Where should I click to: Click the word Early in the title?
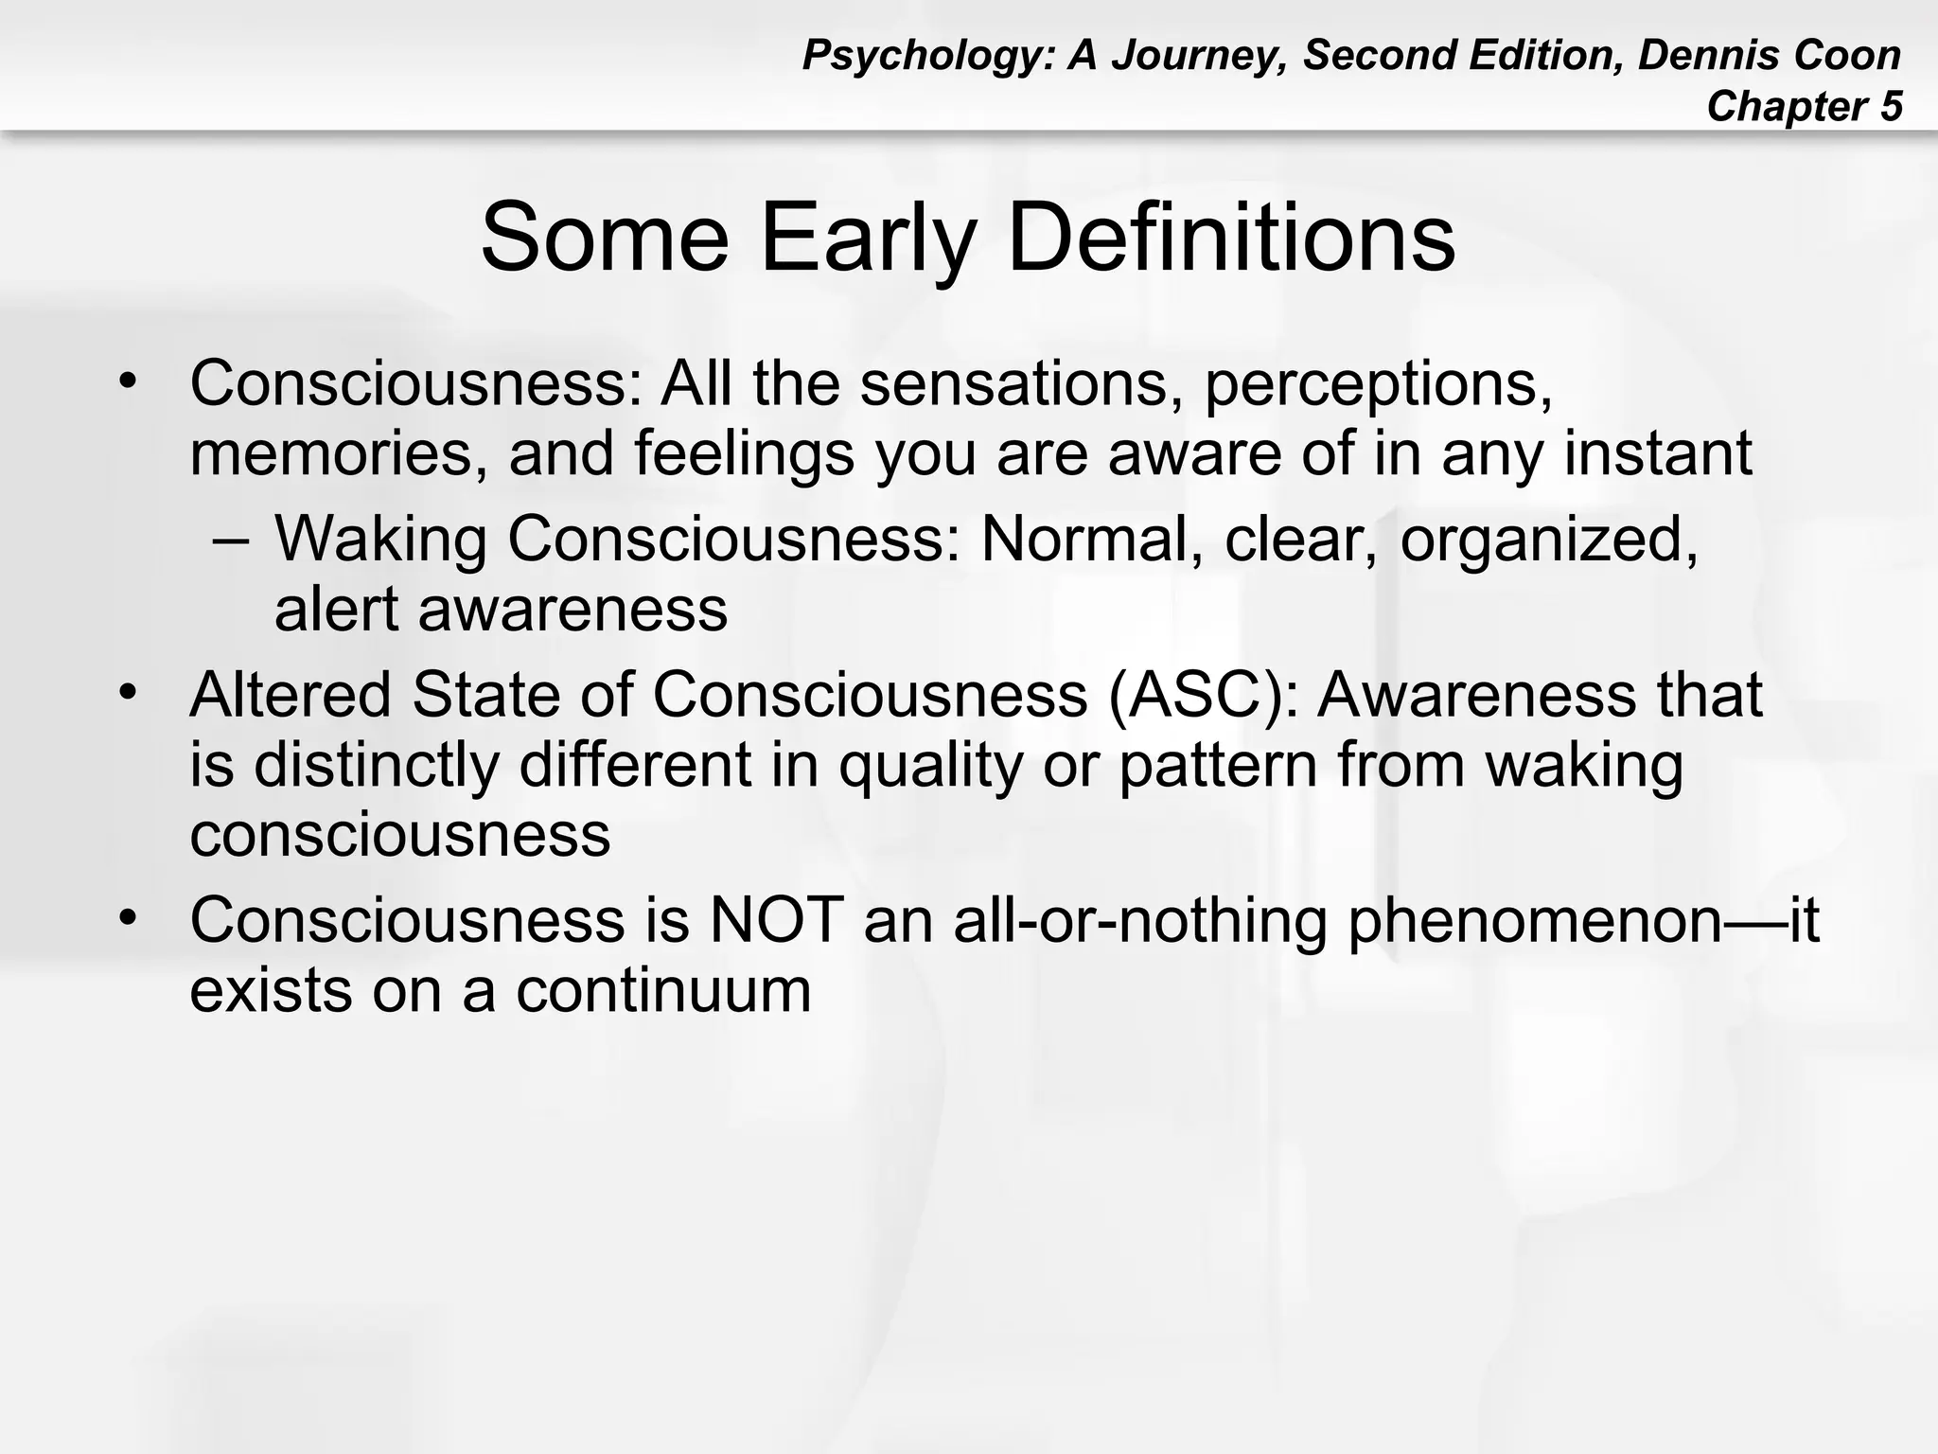click(x=867, y=237)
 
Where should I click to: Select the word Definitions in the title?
click(x=1230, y=237)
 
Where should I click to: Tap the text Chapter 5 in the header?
click(x=1804, y=106)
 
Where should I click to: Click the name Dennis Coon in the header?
click(x=1769, y=55)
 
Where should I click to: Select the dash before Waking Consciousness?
click(x=232, y=540)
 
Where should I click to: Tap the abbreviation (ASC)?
click(x=1202, y=696)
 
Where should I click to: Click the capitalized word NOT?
click(x=776, y=919)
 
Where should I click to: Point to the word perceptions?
click(x=1378, y=385)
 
